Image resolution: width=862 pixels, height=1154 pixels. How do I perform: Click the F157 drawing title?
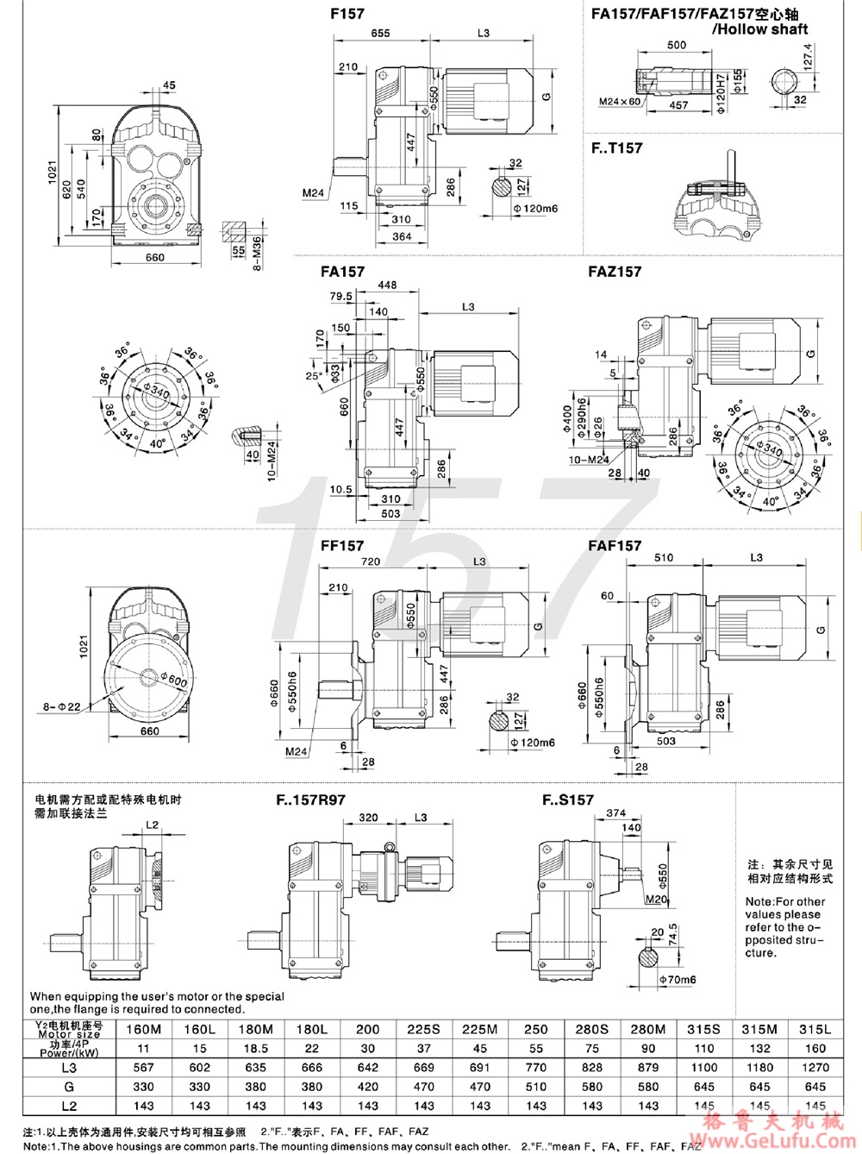click(x=347, y=14)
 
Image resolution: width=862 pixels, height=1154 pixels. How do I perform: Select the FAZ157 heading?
click(x=615, y=272)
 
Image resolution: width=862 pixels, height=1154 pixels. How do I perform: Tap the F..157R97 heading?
click(x=310, y=800)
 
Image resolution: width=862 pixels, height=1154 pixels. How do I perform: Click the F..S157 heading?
click(x=568, y=800)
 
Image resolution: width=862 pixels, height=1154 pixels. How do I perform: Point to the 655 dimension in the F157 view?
click(x=380, y=33)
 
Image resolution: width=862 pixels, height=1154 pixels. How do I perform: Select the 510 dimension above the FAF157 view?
click(x=664, y=558)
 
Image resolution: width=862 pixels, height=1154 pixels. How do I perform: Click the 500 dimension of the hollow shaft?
click(x=678, y=45)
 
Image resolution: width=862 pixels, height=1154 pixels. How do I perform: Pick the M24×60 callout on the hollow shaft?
click(x=620, y=102)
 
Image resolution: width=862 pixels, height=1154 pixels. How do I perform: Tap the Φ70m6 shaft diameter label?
click(x=677, y=980)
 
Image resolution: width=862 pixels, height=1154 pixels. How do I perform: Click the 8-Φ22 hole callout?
click(x=62, y=707)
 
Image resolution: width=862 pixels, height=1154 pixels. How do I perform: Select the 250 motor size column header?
click(x=536, y=1029)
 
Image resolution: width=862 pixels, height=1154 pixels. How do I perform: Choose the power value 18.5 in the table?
click(x=256, y=1049)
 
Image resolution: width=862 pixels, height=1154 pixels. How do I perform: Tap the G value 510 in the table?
click(x=536, y=1087)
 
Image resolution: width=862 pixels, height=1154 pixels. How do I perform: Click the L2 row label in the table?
click(x=69, y=1106)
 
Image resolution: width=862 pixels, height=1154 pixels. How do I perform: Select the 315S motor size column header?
click(x=704, y=1029)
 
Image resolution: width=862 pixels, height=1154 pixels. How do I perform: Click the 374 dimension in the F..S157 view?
click(x=615, y=812)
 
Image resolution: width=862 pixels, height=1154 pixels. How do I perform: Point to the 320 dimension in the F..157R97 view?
click(x=368, y=818)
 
